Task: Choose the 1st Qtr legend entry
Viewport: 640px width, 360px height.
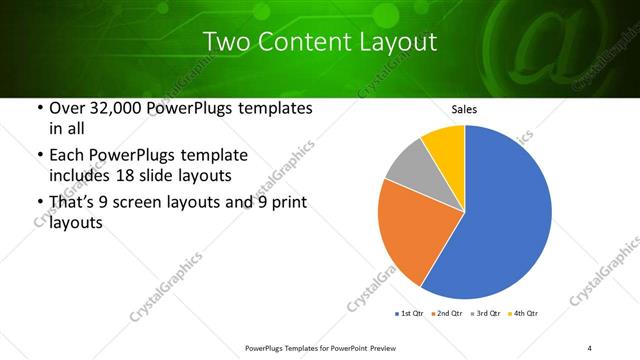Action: (410, 314)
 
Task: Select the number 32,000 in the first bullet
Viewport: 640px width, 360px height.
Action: (112, 108)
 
